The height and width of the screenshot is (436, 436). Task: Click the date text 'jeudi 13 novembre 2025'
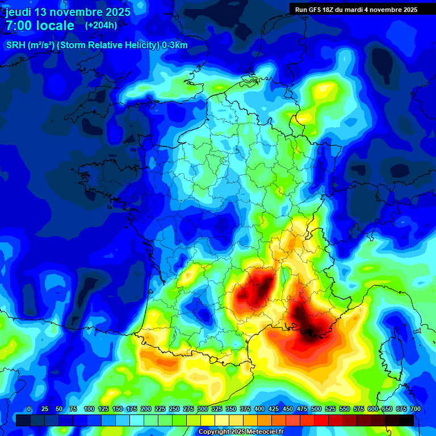tap(68, 12)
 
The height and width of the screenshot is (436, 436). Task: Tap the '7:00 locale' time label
tap(40, 26)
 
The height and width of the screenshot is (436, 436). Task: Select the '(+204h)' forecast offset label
tap(101, 26)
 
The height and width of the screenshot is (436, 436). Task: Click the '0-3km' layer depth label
tap(175, 45)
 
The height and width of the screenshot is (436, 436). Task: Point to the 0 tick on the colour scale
tap(29, 409)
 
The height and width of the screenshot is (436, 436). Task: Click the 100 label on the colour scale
tap(89, 409)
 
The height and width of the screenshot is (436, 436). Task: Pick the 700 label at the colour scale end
tap(415, 409)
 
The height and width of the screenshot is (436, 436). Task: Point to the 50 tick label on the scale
tap(59, 409)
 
